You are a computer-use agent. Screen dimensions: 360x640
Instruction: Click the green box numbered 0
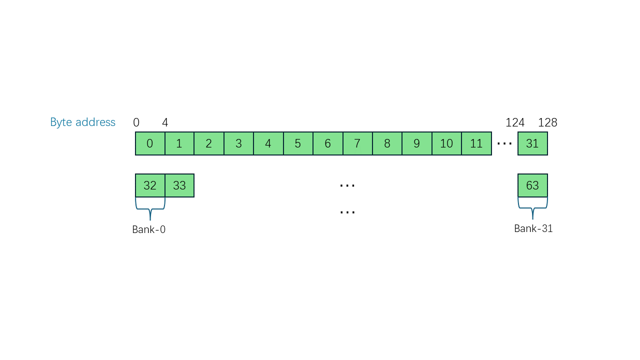[150, 143]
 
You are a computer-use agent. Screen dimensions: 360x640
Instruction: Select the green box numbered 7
[357, 143]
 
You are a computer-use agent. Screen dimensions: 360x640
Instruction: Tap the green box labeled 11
[476, 143]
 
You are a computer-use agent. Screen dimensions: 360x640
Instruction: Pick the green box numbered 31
[532, 143]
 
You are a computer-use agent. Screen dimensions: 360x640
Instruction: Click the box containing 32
[150, 185]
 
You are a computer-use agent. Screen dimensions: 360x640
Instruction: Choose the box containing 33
[179, 185]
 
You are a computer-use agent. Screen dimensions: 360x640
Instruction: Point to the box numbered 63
[532, 185]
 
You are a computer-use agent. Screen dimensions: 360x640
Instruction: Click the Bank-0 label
[148, 229]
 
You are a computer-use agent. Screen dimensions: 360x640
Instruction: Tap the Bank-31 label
[533, 228]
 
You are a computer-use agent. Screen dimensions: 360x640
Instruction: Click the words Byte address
[82, 122]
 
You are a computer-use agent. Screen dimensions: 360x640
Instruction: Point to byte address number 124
[515, 122]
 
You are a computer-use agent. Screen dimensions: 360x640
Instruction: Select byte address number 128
[547, 122]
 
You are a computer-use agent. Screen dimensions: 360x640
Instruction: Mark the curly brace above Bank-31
[532, 208]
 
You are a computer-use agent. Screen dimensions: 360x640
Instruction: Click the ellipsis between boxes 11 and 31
[504, 144]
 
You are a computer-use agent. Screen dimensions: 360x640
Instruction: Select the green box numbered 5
[297, 143]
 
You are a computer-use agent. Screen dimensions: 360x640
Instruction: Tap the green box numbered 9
[416, 143]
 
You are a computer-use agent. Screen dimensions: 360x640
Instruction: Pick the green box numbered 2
[208, 143]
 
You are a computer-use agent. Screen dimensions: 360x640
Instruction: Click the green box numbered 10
[446, 143]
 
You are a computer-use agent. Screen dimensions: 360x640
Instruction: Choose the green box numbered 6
[327, 143]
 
